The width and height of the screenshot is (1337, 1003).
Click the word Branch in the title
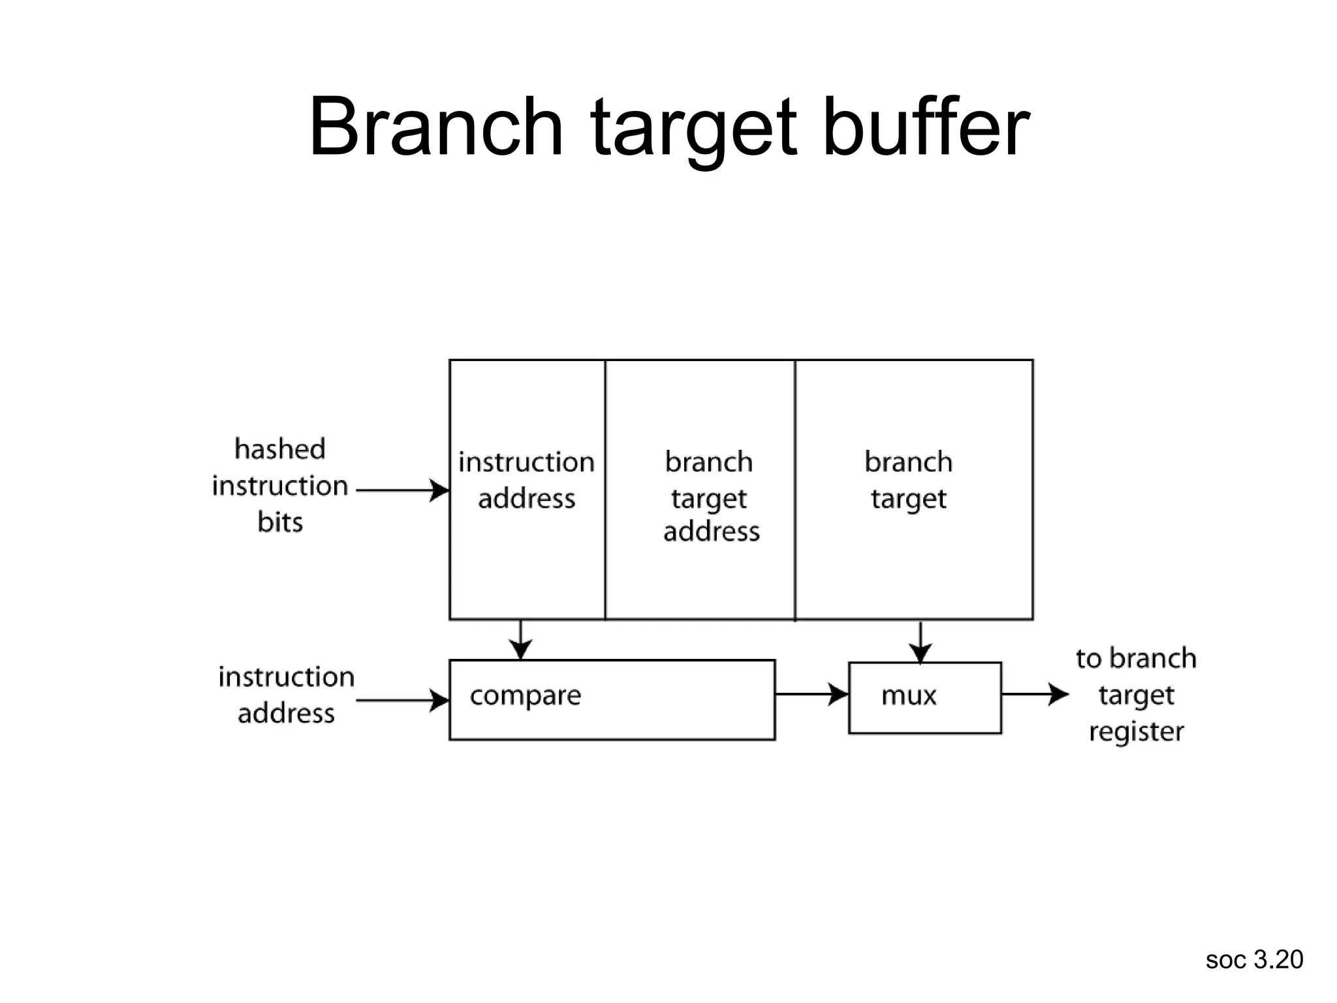click(435, 127)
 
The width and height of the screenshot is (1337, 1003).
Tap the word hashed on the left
click(279, 449)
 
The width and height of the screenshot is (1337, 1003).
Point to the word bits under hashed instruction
click(280, 522)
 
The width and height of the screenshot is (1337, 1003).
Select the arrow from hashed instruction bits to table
click(403, 490)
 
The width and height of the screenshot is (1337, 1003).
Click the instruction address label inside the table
click(526, 480)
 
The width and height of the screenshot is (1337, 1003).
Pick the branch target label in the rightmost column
click(908, 480)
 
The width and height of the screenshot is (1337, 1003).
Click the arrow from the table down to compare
click(520, 640)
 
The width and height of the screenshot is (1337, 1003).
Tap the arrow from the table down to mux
click(920, 643)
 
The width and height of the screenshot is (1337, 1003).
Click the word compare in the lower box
click(525, 695)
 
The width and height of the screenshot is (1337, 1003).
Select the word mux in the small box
click(908, 695)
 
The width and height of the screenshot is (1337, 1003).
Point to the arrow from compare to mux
click(811, 693)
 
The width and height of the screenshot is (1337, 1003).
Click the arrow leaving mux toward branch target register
click(1035, 693)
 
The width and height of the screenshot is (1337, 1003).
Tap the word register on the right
click(1136, 732)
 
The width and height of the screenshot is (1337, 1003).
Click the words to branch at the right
click(1136, 658)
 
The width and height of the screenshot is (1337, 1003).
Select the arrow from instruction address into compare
click(403, 701)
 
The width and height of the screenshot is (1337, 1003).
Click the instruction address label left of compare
click(286, 695)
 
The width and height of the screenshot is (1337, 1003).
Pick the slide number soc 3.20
click(1253, 960)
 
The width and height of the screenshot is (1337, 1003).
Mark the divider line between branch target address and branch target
click(795, 490)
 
